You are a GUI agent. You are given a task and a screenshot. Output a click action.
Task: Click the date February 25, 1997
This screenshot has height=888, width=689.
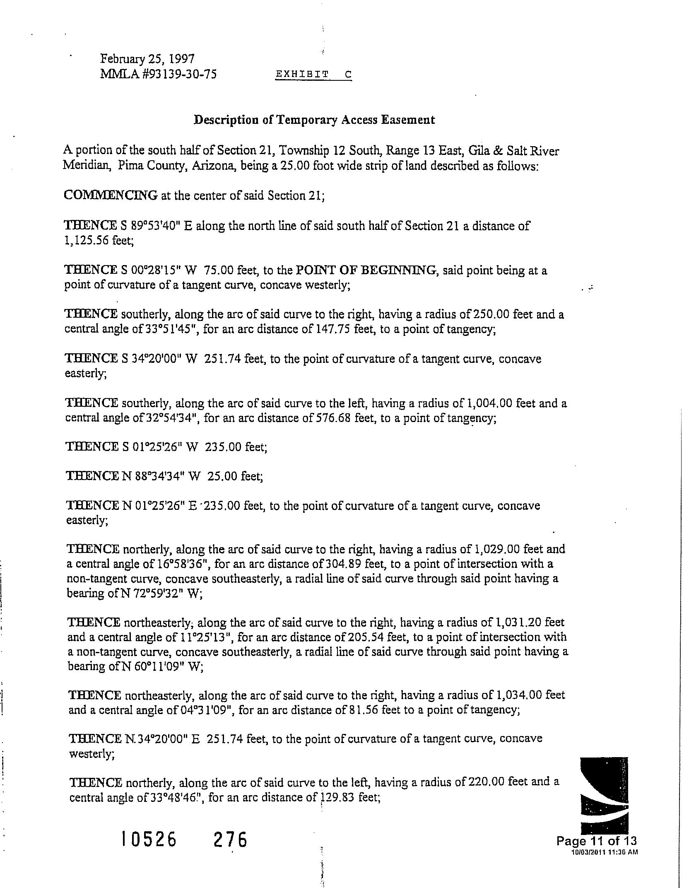point(147,59)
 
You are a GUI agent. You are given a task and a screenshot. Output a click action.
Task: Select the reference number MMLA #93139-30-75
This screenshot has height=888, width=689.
point(158,74)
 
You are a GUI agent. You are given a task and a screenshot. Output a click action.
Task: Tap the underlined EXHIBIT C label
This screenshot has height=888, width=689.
point(313,75)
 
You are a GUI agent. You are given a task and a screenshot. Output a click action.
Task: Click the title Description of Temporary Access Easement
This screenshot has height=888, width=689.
point(315,120)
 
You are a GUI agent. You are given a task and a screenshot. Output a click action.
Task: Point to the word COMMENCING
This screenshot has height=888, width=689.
point(111,195)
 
